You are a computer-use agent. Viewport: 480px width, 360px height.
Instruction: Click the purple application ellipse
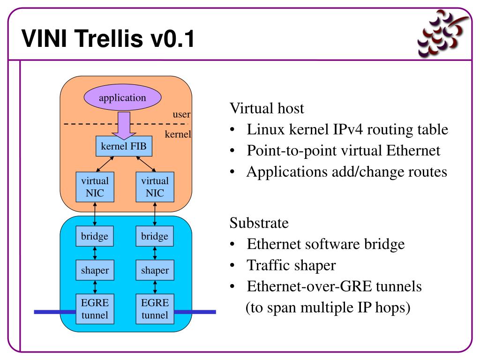[x=122, y=97]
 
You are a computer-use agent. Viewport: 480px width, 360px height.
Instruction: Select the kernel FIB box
[x=124, y=146]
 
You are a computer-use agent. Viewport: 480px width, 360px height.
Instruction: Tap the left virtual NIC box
[x=95, y=187]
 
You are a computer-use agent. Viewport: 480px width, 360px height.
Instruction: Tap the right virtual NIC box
[x=155, y=187]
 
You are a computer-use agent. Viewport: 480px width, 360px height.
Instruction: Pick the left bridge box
[x=95, y=236]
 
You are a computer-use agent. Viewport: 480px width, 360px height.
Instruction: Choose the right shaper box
[x=155, y=270]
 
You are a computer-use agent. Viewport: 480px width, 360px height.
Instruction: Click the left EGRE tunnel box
[x=95, y=309]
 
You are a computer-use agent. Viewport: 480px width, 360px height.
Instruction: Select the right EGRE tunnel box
[x=155, y=309]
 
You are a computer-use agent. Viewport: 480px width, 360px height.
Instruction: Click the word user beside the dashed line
[x=181, y=114]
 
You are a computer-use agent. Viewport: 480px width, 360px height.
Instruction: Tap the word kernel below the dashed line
[x=178, y=134]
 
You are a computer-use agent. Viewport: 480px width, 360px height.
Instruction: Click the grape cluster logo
[x=442, y=33]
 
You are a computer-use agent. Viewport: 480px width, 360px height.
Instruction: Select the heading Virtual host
[x=267, y=108]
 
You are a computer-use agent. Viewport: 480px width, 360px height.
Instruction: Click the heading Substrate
[x=259, y=223]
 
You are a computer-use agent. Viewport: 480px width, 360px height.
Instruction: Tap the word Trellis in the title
[x=108, y=38]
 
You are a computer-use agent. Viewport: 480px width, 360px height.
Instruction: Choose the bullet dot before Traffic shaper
[x=232, y=265]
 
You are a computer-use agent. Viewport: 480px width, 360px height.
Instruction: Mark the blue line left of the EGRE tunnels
[x=55, y=312]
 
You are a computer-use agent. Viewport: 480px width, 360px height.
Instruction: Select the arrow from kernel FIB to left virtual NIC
[x=105, y=164]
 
